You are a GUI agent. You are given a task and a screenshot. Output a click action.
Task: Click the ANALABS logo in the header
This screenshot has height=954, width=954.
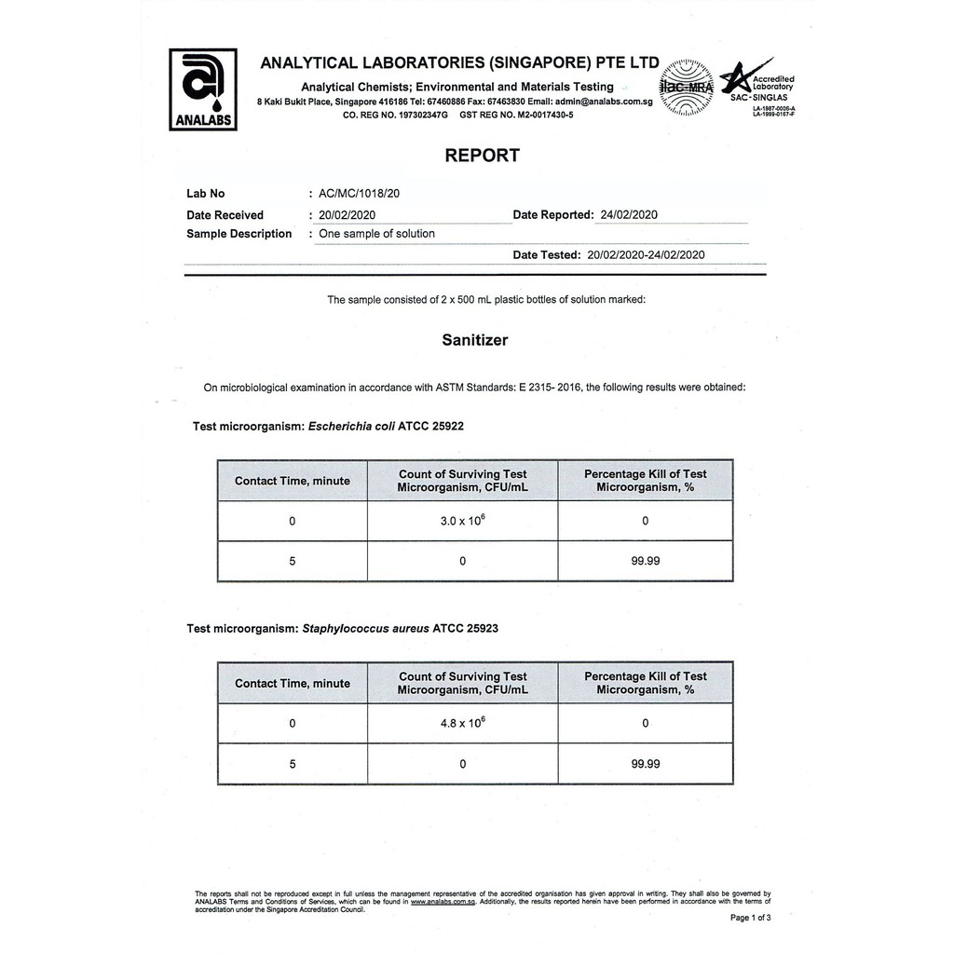pyautogui.click(x=202, y=89)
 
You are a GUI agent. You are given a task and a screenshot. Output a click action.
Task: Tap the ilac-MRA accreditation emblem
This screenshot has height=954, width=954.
pyautogui.click(x=686, y=88)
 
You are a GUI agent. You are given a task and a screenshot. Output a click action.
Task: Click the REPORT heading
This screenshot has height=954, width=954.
pyautogui.click(x=482, y=156)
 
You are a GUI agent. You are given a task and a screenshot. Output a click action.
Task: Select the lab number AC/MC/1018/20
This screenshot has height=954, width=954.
pyautogui.click(x=360, y=194)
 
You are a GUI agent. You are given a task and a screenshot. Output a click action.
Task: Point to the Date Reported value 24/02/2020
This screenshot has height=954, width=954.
pyautogui.click(x=630, y=215)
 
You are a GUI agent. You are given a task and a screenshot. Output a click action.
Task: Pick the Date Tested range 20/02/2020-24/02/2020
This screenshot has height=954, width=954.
pyautogui.click(x=647, y=254)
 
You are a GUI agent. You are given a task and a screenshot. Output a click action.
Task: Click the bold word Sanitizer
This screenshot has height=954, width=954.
pyautogui.click(x=475, y=340)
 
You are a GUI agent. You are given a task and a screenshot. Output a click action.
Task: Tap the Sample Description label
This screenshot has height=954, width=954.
pyautogui.click(x=239, y=234)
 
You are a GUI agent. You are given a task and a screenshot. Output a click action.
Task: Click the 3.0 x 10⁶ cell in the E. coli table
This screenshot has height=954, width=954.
pyautogui.click(x=462, y=521)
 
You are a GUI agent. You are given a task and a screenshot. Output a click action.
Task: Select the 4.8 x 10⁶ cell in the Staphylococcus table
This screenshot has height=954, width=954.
pyautogui.click(x=462, y=723)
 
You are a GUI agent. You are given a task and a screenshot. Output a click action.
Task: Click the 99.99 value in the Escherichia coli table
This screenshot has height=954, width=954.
pyautogui.click(x=646, y=561)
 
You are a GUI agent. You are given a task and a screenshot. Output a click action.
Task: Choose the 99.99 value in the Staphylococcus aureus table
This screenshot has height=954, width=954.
pyautogui.click(x=646, y=763)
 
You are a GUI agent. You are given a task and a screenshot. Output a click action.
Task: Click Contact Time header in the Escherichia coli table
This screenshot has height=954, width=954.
pyautogui.click(x=293, y=481)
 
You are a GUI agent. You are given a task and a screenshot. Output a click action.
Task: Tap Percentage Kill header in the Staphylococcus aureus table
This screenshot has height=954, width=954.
pyautogui.click(x=646, y=683)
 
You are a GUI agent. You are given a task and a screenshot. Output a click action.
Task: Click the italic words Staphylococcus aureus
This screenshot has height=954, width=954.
pyautogui.click(x=366, y=629)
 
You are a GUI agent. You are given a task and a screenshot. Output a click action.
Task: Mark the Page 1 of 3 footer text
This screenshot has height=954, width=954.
pyautogui.click(x=750, y=918)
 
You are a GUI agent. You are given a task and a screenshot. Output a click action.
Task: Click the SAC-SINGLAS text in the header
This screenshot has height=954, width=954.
pyautogui.click(x=758, y=97)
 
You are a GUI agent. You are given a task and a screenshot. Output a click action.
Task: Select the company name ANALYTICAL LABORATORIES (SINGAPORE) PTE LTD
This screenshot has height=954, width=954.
pyautogui.click(x=459, y=63)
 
